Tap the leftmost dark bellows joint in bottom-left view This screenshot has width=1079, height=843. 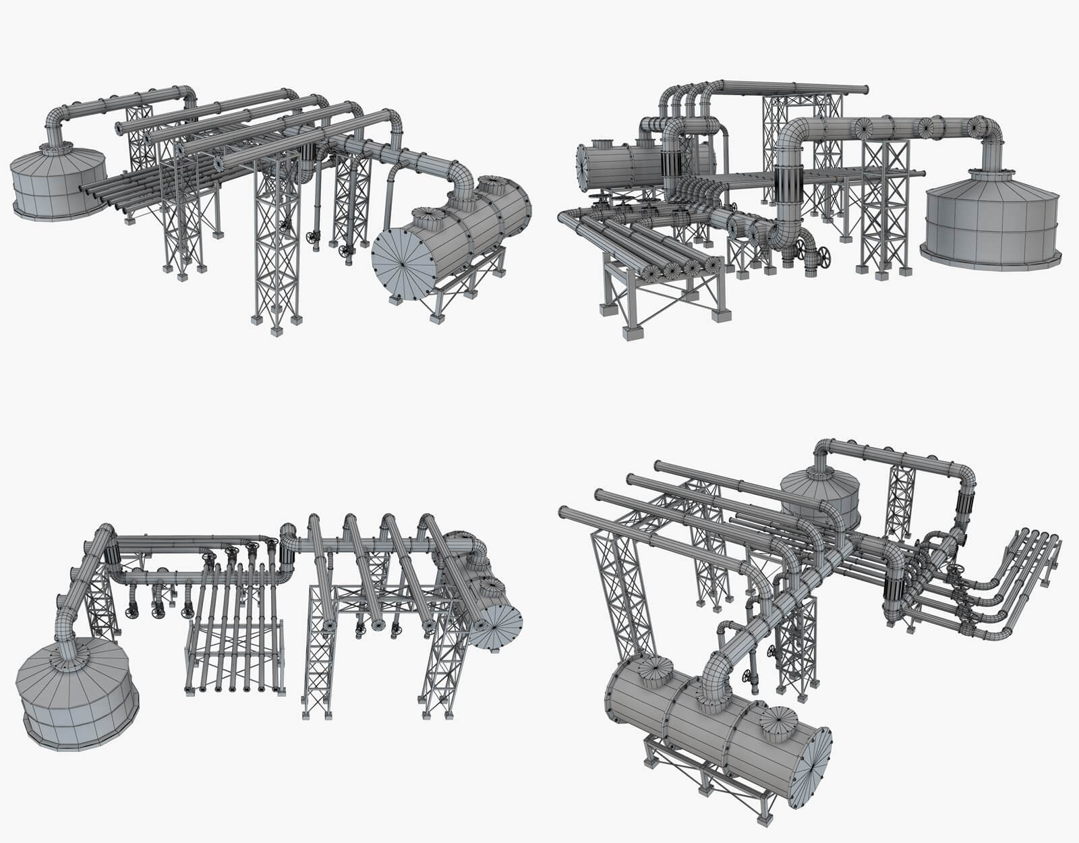[x=112, y=553]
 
